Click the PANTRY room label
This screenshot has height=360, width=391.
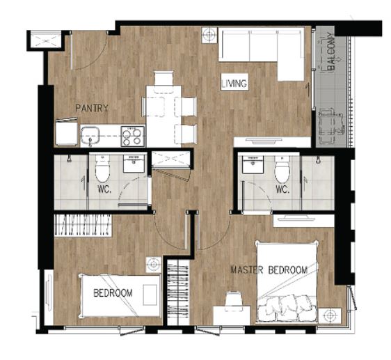92,109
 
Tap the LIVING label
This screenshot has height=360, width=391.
234,84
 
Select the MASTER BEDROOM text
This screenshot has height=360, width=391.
269,270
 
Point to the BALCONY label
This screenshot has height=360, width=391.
332,51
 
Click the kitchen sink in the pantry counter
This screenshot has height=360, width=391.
90,136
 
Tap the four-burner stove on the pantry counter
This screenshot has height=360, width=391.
133,136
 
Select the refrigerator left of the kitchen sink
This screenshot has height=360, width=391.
66,132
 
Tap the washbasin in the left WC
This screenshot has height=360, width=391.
134,163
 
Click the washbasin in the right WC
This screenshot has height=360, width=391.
253,164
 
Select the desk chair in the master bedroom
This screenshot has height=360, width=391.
233,302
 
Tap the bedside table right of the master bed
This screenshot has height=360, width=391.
330,315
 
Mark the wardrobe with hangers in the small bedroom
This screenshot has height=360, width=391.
83,225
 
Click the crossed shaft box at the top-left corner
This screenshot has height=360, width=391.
46,40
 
